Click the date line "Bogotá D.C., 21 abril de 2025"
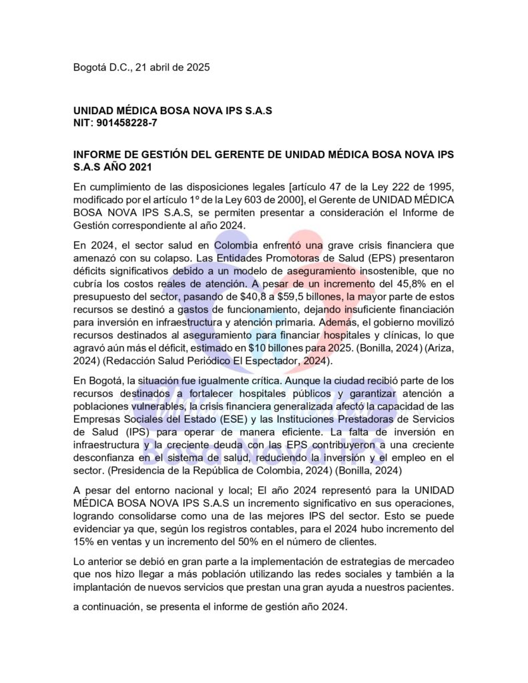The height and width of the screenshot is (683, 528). click(142, 67)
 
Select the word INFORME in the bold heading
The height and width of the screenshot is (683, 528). click(98, 155)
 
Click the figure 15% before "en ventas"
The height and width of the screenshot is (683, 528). click(84, 540)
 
